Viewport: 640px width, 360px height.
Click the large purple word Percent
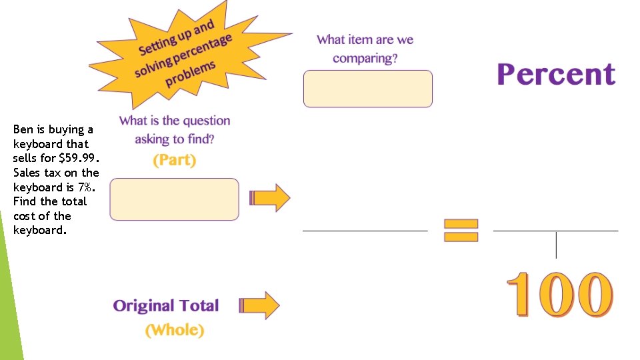point(556,74)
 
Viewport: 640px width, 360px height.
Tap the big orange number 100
point(559,294)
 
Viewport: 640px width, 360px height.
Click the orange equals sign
point(461,230)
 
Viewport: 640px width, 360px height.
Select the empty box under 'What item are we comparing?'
point(368,89)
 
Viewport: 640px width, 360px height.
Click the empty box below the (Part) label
point(174,199)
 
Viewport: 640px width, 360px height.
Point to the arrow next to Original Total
point(259,305)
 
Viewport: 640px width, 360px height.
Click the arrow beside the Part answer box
point(270,198)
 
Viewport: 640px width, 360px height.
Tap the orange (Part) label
point(174,160)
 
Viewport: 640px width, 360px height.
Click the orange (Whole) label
point(175,330)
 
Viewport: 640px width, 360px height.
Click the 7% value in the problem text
point(86,187)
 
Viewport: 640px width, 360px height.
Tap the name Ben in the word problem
point(23,129)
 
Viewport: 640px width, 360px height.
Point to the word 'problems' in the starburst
point(190,74)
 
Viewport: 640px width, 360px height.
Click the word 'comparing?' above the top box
point(365,59)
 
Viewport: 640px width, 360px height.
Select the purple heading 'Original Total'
point(166,305)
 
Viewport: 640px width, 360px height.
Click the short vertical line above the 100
point(556,245)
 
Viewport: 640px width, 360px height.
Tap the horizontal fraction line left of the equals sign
point(365,231)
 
